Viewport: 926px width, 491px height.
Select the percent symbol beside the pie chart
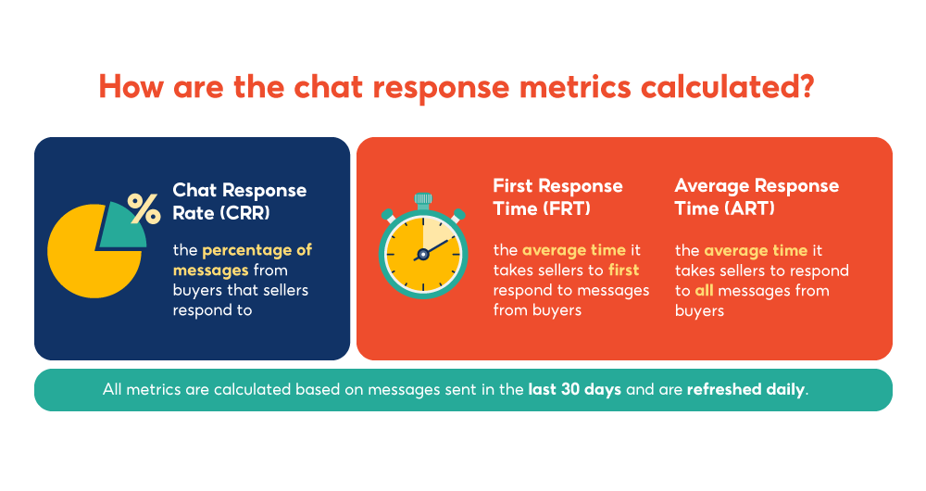[x=144, y=208]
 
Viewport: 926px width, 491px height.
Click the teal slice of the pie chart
[x=121, y=228]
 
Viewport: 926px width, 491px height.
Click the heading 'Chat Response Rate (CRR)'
[x=239, y=199]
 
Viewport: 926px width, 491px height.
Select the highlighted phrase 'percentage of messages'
[x=243, y=259]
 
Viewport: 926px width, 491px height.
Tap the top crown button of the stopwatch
[x=423, y=199]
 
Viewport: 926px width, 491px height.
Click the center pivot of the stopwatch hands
[x=423, y=253]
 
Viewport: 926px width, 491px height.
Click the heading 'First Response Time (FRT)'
[x=557, y=196]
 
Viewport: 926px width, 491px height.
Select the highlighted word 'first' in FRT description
[x=623, y=271]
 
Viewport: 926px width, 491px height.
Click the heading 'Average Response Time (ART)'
[x=757, y=196]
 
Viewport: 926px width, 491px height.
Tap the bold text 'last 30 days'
[x=574, y=389]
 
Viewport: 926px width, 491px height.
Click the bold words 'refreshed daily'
[x=745, y=389]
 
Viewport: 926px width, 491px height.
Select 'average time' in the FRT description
[x=560, y=250]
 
